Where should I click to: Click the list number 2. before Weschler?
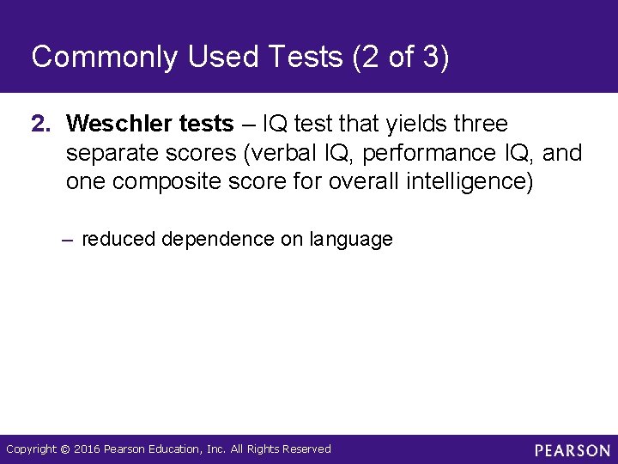coord(42,125)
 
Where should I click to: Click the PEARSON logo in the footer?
coord(572,449)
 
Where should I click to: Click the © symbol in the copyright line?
coord(64,449)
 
